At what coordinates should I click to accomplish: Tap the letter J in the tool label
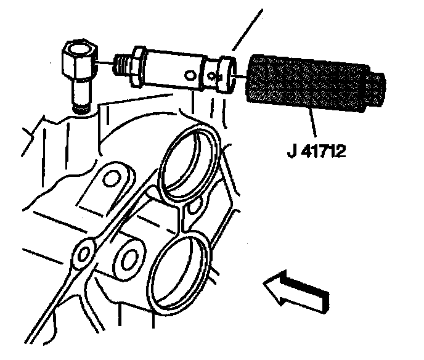(x=291, y=151)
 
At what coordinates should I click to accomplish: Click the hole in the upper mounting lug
(x=111, y=180)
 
